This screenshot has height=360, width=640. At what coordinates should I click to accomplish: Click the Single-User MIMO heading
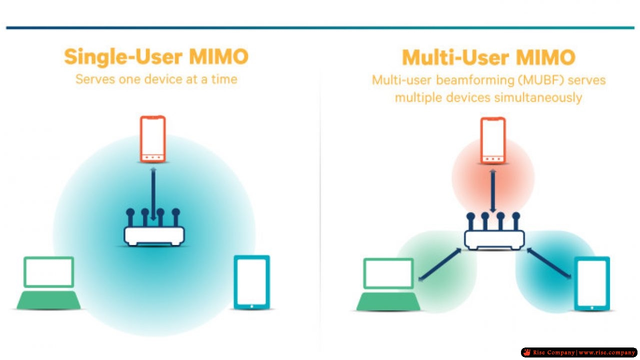[156, 57]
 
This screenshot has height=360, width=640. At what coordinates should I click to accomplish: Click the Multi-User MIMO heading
[488, 57]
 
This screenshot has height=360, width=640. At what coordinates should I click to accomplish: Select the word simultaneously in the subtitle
[538, 98]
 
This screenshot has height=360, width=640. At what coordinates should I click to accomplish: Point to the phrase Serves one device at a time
[156, 79]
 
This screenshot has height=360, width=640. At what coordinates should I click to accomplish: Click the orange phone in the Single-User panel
[153, 139]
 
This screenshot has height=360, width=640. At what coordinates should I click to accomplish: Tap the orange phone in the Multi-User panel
[493, 140]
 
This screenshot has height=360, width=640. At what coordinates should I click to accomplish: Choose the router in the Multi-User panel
[494, 231]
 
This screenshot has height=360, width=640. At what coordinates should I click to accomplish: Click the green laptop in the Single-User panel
[48, 283]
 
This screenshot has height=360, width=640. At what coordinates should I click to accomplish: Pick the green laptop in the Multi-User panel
[388, 284]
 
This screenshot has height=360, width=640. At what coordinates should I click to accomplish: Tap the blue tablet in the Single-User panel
[251, 282]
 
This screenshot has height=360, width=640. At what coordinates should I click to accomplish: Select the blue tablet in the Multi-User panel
[592, 283]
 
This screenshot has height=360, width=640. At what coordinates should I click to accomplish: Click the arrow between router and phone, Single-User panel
[153, 194]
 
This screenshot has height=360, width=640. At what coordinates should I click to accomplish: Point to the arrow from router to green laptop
[440, 264]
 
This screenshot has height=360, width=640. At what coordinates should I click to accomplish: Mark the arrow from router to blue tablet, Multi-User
[549, 263]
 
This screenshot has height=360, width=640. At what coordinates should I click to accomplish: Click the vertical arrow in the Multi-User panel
[493, 191]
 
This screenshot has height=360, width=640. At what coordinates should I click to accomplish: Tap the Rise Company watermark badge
[579, 352]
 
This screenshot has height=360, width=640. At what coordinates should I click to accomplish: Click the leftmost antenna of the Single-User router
[130, 217]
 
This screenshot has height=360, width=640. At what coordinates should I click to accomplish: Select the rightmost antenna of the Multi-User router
[516, 221]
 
